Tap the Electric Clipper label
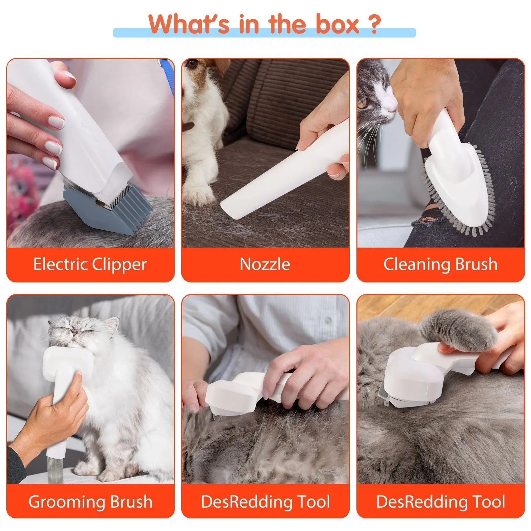90,265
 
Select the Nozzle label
265,265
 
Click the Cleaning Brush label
440,265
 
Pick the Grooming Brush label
90,501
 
